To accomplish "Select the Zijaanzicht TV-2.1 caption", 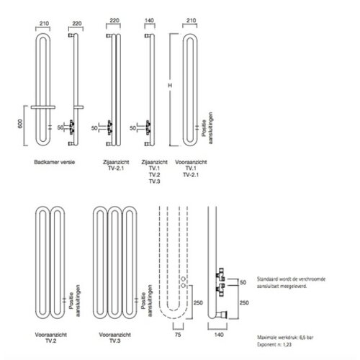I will pyautogui.click(x=112, y=167).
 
